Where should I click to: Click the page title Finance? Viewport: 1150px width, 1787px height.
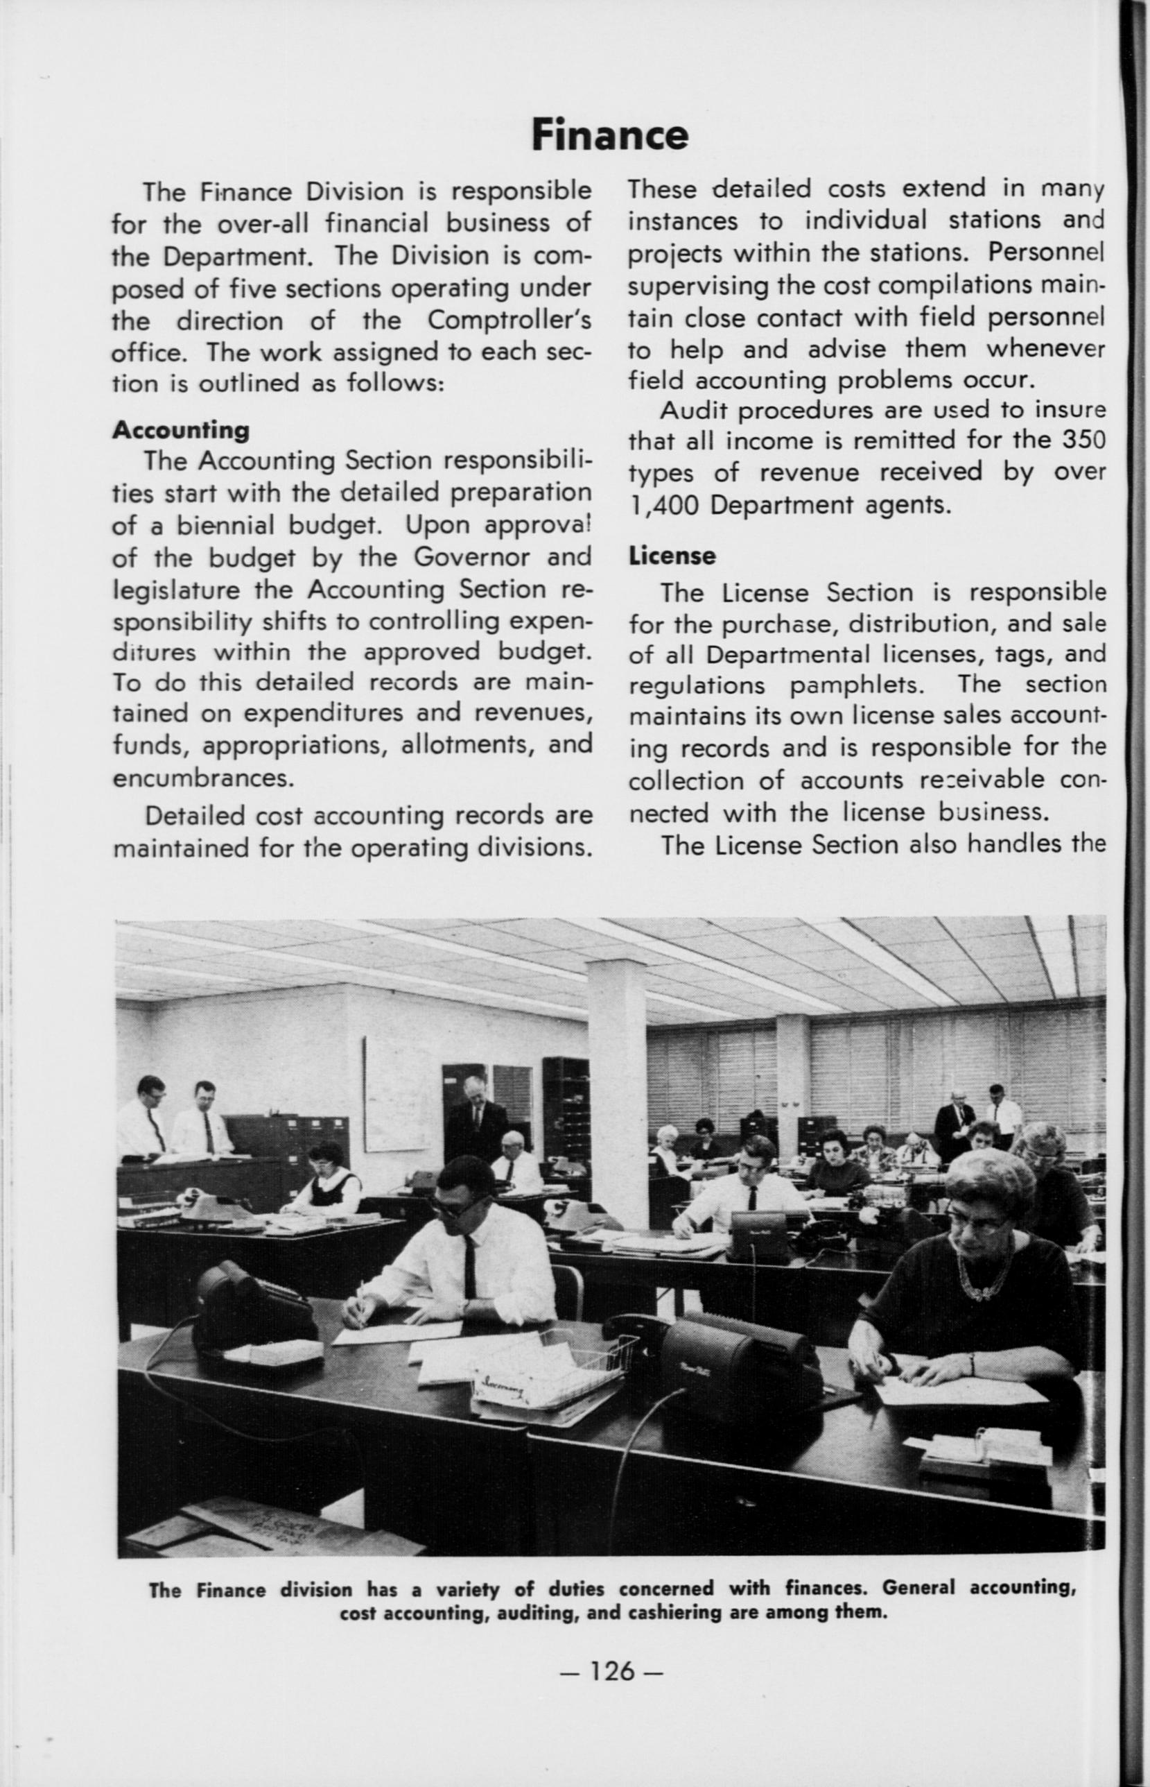coord(609,135)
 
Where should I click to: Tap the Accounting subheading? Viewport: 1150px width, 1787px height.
coord(181,429)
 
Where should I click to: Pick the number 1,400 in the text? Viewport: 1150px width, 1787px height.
coord(665,506)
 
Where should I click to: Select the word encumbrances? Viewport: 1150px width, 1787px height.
coord(200,778)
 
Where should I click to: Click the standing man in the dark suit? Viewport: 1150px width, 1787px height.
coord(475,1125)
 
